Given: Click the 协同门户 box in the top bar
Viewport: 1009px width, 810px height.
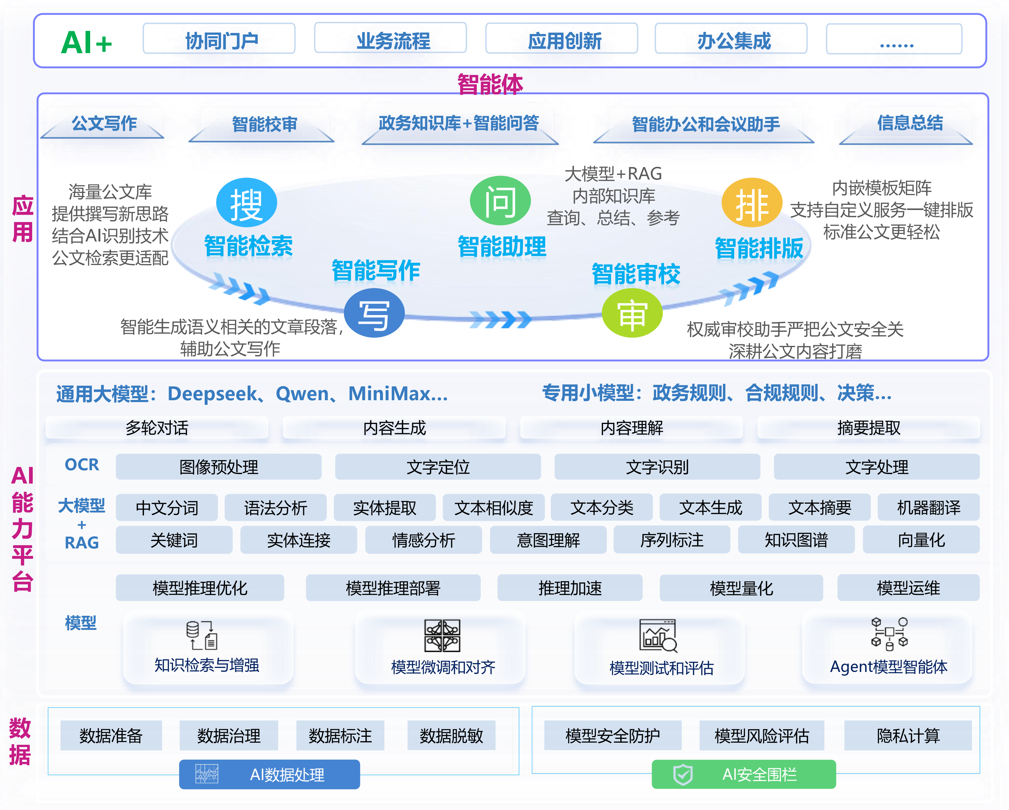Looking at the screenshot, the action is [219, 38].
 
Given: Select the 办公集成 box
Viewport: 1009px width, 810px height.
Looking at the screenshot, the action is [731, 38].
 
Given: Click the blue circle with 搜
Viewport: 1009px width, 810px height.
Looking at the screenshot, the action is [247, 203].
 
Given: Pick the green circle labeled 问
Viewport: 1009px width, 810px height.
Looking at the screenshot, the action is [500, 200].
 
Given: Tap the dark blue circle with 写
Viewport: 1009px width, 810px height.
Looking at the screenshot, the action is [375, 313].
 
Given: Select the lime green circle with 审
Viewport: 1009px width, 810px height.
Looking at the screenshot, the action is [632, 313].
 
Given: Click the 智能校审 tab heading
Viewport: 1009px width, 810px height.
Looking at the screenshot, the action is [264, 124].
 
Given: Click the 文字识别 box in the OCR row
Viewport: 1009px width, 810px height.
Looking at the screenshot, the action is [657, 467].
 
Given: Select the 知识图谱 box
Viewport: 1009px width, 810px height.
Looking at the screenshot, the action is [796, 540].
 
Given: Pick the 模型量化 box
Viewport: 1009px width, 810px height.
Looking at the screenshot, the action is [741, 588].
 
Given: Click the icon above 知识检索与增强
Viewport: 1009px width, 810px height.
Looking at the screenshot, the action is [202, 635].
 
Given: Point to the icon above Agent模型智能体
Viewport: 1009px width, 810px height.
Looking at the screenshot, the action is [890, 634].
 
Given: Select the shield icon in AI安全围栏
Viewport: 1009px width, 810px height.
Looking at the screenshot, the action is [683, 774].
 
